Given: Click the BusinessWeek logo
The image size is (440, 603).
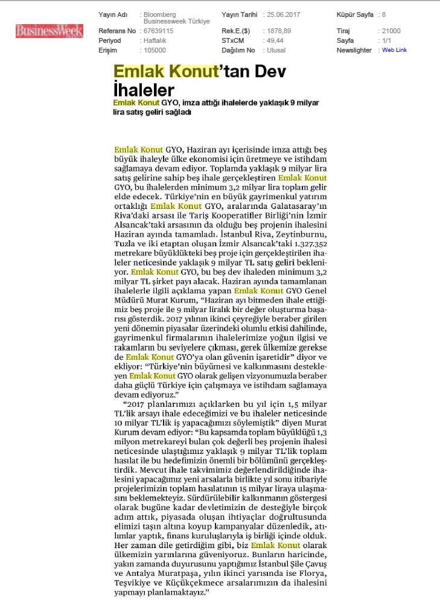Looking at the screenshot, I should pyautogui.click(x=49, y=31).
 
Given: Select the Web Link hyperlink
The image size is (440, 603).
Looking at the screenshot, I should pyautogui.click(x=394, y=50).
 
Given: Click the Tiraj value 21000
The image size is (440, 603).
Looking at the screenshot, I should pyautogui.click(x=391, y=31).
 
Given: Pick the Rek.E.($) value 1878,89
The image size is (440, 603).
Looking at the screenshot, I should pyautogui.click(x=278, y=31).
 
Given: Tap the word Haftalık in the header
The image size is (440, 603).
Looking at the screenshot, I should pyautogui.click(x=155, y=40).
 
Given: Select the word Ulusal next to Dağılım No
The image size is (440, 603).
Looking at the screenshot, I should pyautogui.click(x=276, y=50).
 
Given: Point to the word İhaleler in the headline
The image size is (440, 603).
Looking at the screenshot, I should pyautogui.click(x=144, y=90).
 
